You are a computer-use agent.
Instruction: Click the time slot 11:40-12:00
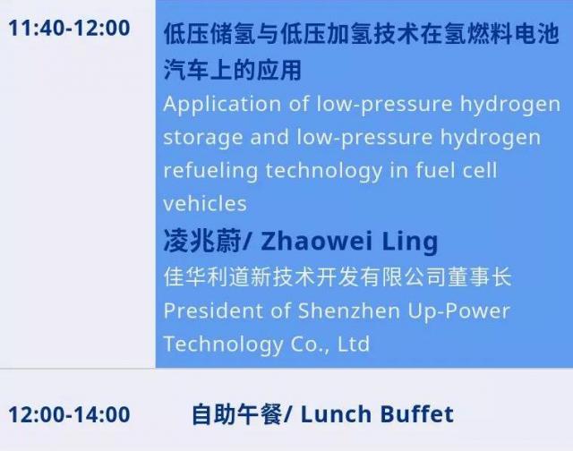(69, 28)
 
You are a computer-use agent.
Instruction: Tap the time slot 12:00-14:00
(69, 414)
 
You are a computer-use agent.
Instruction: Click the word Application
(222, 105)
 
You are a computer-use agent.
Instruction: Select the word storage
(203, 138)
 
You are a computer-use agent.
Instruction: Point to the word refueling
(210, 171)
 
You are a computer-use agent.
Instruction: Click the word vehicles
(205, 203)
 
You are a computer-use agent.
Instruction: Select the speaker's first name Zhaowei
(316, 242)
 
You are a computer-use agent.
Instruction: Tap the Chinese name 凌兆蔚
(201, 241)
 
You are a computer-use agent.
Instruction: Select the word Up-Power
(458, 312)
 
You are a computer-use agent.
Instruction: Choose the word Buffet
(417, 414)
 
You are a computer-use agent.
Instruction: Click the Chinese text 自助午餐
(236, 414)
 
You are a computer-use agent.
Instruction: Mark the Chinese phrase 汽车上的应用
(233, 70)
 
